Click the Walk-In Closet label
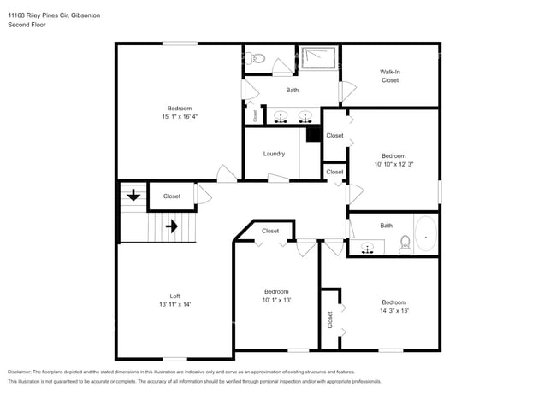click(390, 75)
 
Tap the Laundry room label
click(274, 154)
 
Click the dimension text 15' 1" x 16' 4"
click(180, 116)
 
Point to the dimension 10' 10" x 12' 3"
click(393, 164)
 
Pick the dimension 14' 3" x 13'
click(393, 311)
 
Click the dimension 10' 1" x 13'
click(276, 300)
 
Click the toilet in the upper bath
click(257, 59)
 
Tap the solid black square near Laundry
click(313, 134)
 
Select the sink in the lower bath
click(369, 249)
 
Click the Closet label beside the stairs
click(172, 196)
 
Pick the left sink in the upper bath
click(280, 117)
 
